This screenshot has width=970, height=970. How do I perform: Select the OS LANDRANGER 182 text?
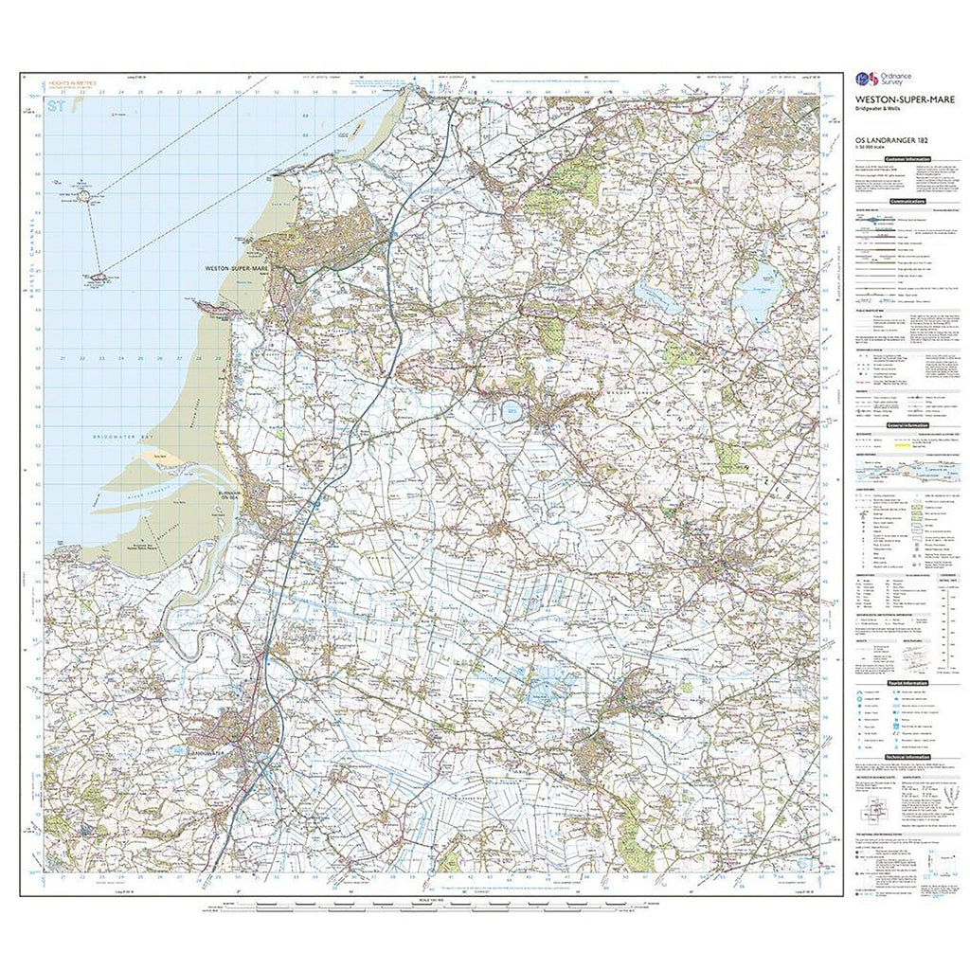click(887, 143)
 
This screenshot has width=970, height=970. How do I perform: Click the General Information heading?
click(907, 426)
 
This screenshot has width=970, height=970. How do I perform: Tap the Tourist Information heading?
click(907, 683)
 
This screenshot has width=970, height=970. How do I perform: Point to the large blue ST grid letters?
click(60, 107)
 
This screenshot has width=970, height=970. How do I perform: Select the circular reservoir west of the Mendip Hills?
click(512, 410)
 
